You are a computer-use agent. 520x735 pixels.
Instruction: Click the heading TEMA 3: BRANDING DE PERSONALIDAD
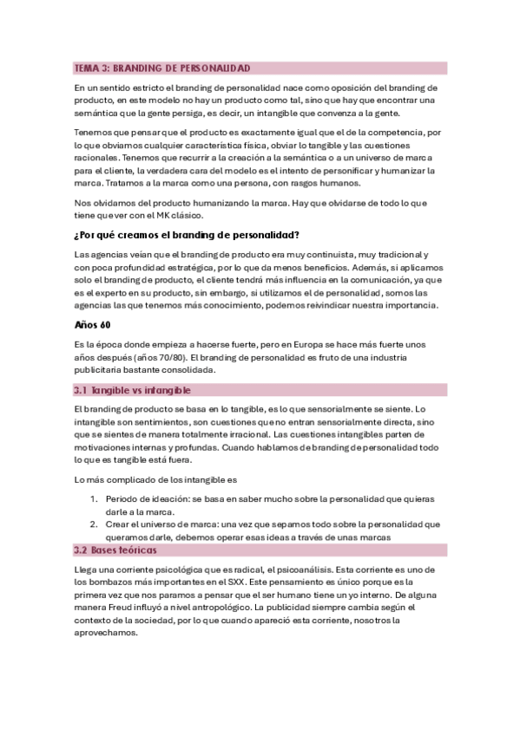(162, 68)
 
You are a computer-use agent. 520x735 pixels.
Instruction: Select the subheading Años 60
(93, 326)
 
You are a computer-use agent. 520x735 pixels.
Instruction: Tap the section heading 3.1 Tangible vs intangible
(132, 390)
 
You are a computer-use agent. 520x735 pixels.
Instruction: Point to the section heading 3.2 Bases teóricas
(117, 550)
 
